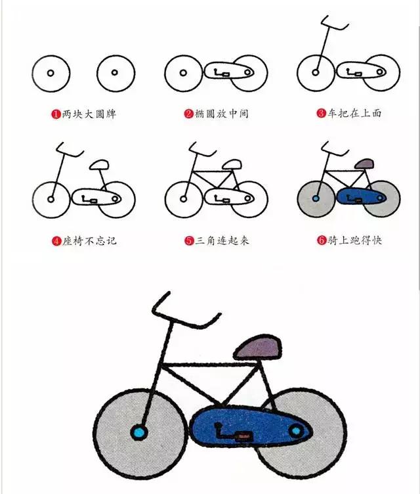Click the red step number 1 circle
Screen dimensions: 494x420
pos(56,114)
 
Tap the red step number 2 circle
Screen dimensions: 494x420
pos(189,114)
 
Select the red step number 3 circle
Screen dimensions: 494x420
pos(322,114)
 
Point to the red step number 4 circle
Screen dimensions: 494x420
pos(56,240)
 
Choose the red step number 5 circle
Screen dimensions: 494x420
pos(189,240)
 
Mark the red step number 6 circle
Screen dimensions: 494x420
pos(322,240)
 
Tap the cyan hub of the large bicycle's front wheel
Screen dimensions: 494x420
pos(140,432)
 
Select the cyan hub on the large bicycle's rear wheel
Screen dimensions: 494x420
pos(297,431)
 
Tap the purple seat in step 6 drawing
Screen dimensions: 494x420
pos(362,162)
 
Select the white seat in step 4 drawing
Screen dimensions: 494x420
pos(99,163)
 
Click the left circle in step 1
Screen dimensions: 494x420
pos(50,72)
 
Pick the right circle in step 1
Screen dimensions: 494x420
pos(115,72)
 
